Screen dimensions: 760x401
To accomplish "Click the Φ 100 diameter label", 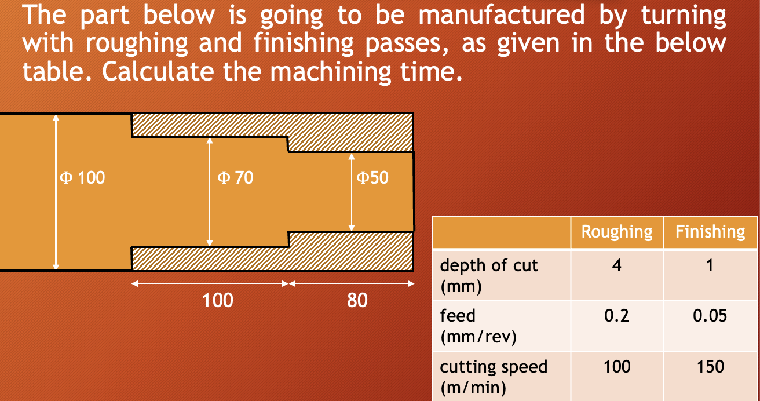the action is (x=82, y=177).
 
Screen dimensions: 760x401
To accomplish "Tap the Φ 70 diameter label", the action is (x=235, y=177).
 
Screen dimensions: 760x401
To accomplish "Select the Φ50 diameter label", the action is (x=372, y=177).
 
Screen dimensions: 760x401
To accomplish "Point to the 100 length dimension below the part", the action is (x=217, y=301).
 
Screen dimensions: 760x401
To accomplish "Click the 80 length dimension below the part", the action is (x=357, y=301).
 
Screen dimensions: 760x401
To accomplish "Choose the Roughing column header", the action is (x=617, y=232).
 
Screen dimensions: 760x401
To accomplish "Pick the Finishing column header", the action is (x=710, y=232).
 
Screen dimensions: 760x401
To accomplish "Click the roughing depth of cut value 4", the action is (x=617, y=265).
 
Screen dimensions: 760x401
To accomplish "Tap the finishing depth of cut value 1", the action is (x=710, y=265).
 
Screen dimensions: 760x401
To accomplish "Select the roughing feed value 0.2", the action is (x=617, y=316).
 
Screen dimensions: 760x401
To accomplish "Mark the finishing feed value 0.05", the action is (x=710, y=316).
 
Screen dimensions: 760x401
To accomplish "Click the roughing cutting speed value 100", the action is (x=617, y=367).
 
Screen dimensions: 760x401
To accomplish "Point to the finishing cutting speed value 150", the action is (x=710, y=367).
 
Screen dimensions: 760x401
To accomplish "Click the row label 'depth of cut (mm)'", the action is (x=489, y=276).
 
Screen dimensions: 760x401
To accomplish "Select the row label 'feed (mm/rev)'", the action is (x=478, y=326).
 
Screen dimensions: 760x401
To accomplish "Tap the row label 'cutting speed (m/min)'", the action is (x=494, y=377).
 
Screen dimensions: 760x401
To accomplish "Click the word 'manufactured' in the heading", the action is (x=502, y=15).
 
